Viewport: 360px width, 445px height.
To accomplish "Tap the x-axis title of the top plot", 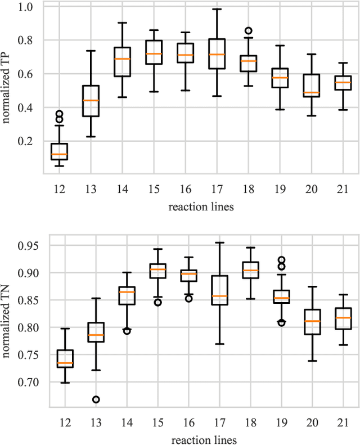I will click(x=201, y=206).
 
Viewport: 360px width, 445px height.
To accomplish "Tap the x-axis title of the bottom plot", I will click(x=201, y=438).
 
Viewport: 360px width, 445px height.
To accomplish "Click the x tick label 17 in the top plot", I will click(x=217, y=190).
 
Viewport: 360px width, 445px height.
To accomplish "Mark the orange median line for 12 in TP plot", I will click(x=59, y=154).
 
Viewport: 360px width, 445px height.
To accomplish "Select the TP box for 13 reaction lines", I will click(x=91, y=101).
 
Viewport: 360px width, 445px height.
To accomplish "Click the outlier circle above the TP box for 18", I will click(x=248, y=31).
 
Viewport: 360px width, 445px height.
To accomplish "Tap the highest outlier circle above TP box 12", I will click(x=59, y=114).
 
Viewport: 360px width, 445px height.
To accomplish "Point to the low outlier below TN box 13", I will click(x=96, y=399).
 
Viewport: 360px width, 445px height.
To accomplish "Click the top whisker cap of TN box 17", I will click(x=217, y=242).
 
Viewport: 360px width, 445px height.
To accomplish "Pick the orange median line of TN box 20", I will click(x=311, y=321).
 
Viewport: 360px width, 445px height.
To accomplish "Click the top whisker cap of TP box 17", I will click(x=217, y=9).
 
